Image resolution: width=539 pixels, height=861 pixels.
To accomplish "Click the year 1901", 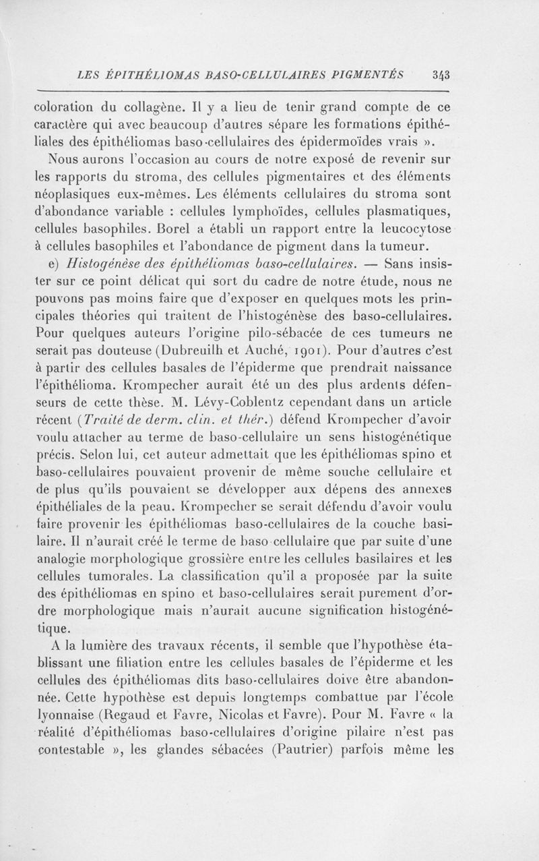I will (308, 351).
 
